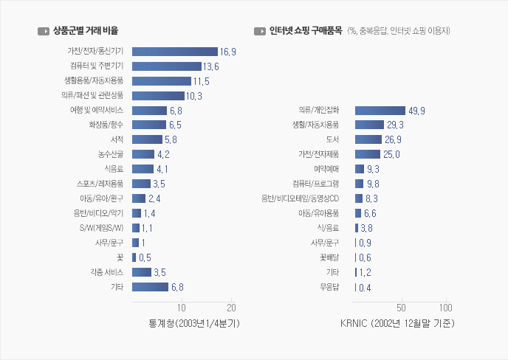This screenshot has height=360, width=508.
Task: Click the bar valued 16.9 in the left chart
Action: [x=174, y=51]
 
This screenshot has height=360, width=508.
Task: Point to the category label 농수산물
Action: [x=110, y=154]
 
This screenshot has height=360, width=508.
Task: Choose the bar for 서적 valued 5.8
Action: [x=147, y=139]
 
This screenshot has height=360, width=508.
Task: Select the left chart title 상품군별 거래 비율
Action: [x=86, y=31]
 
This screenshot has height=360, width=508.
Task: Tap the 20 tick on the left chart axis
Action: [x=232, y=308]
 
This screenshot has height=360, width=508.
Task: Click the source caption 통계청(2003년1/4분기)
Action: [x=195, y=323]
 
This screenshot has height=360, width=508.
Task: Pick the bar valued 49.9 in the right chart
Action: [x=380, y=110]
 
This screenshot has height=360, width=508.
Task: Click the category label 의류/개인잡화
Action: [x=319, y=110]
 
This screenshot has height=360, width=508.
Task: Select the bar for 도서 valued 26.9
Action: [x=368, y=139]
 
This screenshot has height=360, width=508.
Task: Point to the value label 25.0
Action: [x=391, y=154]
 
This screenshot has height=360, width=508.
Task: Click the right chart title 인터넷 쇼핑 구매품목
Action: [x=306, y=31]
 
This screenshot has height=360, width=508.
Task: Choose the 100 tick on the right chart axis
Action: [x=445, y=308]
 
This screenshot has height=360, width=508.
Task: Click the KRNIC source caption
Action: [x=397, y=323]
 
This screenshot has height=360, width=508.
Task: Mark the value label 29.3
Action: [x=395, y=125]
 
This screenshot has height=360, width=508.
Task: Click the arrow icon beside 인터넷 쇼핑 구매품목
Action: [x=259, y=31]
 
